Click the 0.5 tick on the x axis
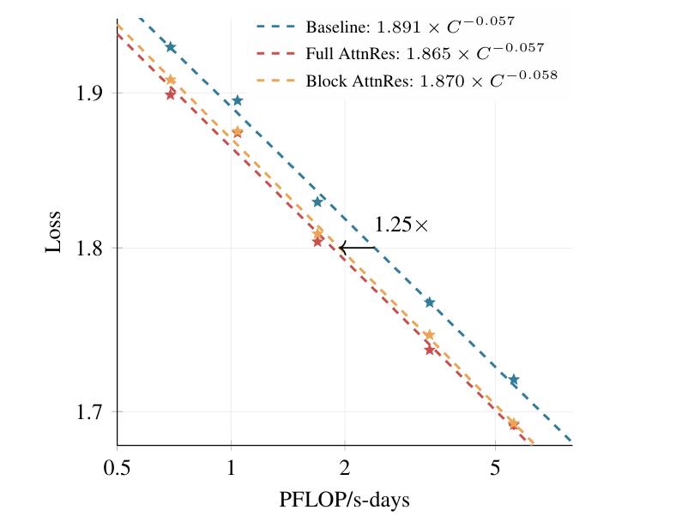(117, 468)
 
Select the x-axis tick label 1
(231, 468)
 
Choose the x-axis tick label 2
(345, 468)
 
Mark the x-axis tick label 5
(495, 468)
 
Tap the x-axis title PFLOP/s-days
(344, 499)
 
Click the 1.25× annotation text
(401, 225)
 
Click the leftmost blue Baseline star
(171, 47)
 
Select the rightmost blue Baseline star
(514, 380)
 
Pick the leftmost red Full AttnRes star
(170, 94)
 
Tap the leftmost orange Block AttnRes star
(170, 80)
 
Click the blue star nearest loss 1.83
(317, 202)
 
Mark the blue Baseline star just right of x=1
(238, 100)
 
